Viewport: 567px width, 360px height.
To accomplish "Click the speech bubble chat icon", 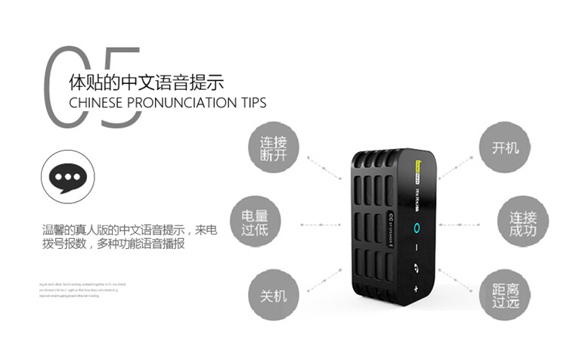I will point(68,176).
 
